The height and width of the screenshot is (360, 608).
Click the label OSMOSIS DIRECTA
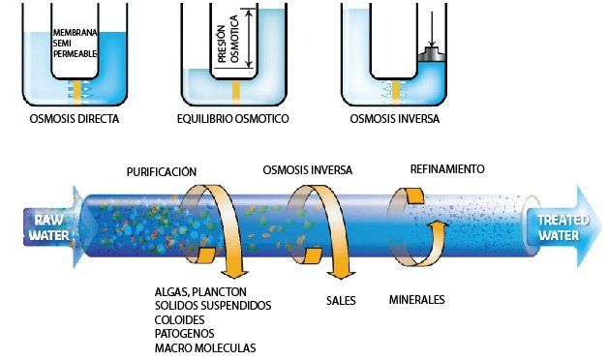[x=74, y=119]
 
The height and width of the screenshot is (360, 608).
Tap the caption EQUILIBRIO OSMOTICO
[x=233, y=119]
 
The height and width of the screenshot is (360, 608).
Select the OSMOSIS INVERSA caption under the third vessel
[x=395, y=119]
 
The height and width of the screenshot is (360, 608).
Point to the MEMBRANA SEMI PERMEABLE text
[x=75, y=44]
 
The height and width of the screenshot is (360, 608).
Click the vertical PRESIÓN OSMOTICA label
[x=228, y=39]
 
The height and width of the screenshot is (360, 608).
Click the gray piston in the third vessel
[x=433, y=54]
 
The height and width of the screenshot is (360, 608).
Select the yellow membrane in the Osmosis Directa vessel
[x=76, y=92]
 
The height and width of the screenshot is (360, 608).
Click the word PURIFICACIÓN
[x=162, y=171]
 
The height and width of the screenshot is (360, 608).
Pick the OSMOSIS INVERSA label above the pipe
[x=308, y=170]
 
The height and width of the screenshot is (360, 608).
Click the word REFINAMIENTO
[x=447, y=169]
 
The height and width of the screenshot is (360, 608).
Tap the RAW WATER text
[x=49, y=227]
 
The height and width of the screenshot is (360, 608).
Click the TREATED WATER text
[x=562, y=227]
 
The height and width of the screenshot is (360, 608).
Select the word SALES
[x=341, y=300]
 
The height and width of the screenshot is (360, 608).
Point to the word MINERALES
[x=417, y=300]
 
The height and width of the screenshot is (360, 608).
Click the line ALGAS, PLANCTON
[x=200, y=292]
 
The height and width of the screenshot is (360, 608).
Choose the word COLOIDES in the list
[x=179, y=319]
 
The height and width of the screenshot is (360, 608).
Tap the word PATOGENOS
[x=185, y=334]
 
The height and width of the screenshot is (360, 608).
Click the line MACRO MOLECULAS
[x=205, y=347]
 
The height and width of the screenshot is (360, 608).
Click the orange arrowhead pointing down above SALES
[x=341, y=275]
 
